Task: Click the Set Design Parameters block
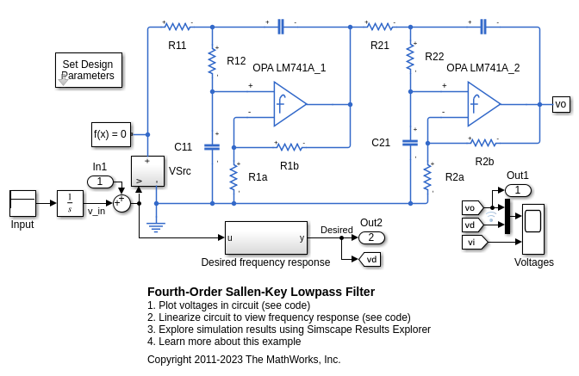pyautogui.click(x=89, y=70)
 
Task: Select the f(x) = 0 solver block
pyautogui.click(x=111, y=134)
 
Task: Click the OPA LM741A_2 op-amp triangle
pyautogui.click(x=483, y=103)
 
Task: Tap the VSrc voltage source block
pyautogui.click(x=147, y=171)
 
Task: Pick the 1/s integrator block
pyautogui.click(x=70, y=203)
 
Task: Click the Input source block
pyautogui.click(x=22, y=203)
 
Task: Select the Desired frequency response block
pyautogui.click(x=265, y=237)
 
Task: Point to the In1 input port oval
pyautogui.click(x=100, y=182)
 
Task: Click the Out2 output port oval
pyautogui.click(x=371, y=237)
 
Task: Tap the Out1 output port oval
pyautogui.click(x=518, y=190)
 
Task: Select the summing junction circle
pyautogui.click(x=121, y=203)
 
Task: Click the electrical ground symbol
pyautogui.click(x=156, y=226)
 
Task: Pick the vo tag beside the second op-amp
pyautogui.click(x=560, y=104)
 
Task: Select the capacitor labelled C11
pyautogui.click(x=212, y=146)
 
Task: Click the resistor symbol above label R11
pyautogui.click(x=177, y=27)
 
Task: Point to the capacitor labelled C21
pyautogui.click(x=410, y=142)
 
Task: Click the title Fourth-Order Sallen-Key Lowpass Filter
pyautogui.click(x=261, y=291)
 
